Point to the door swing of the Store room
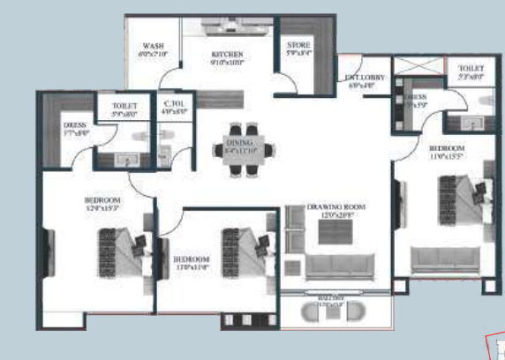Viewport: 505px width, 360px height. point(284,84)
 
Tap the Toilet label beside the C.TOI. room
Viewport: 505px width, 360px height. point(125,109)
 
